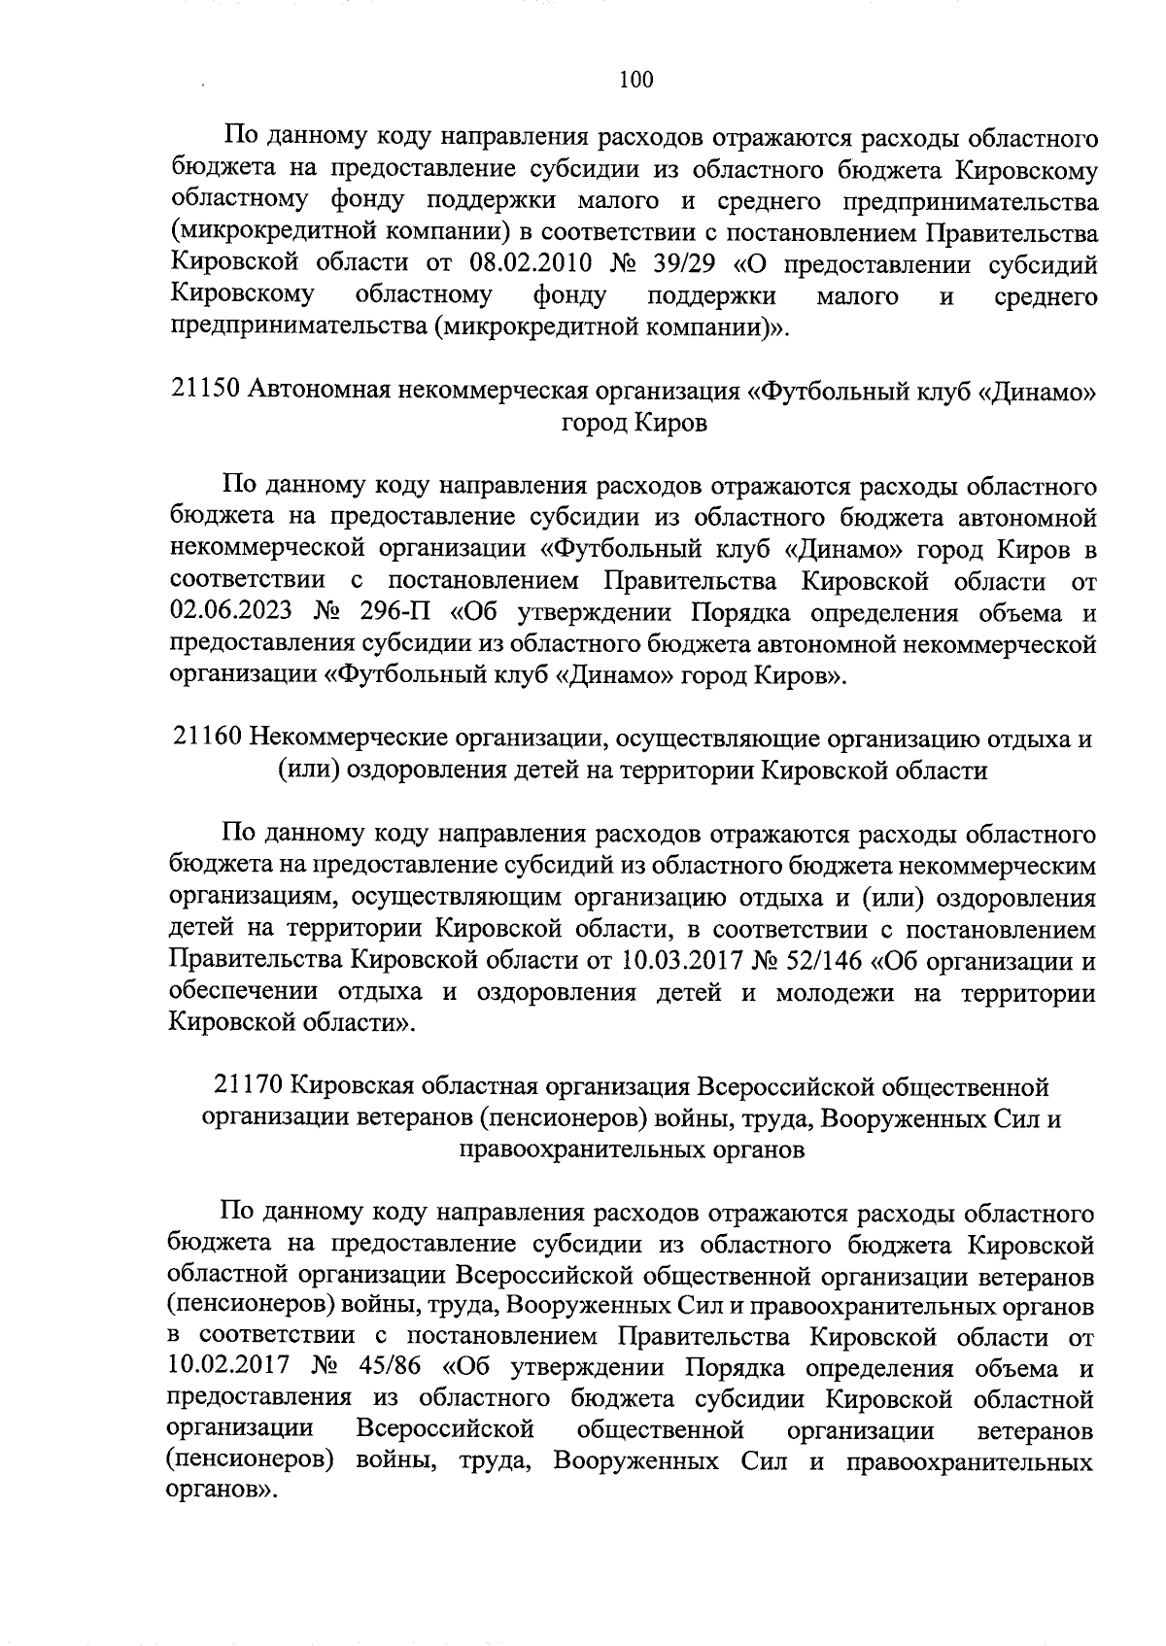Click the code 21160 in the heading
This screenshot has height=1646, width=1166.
207,738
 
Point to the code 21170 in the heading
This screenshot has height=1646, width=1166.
248,1086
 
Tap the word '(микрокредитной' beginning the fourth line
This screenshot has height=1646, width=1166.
257,233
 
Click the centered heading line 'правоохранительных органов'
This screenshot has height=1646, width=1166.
632,1149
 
